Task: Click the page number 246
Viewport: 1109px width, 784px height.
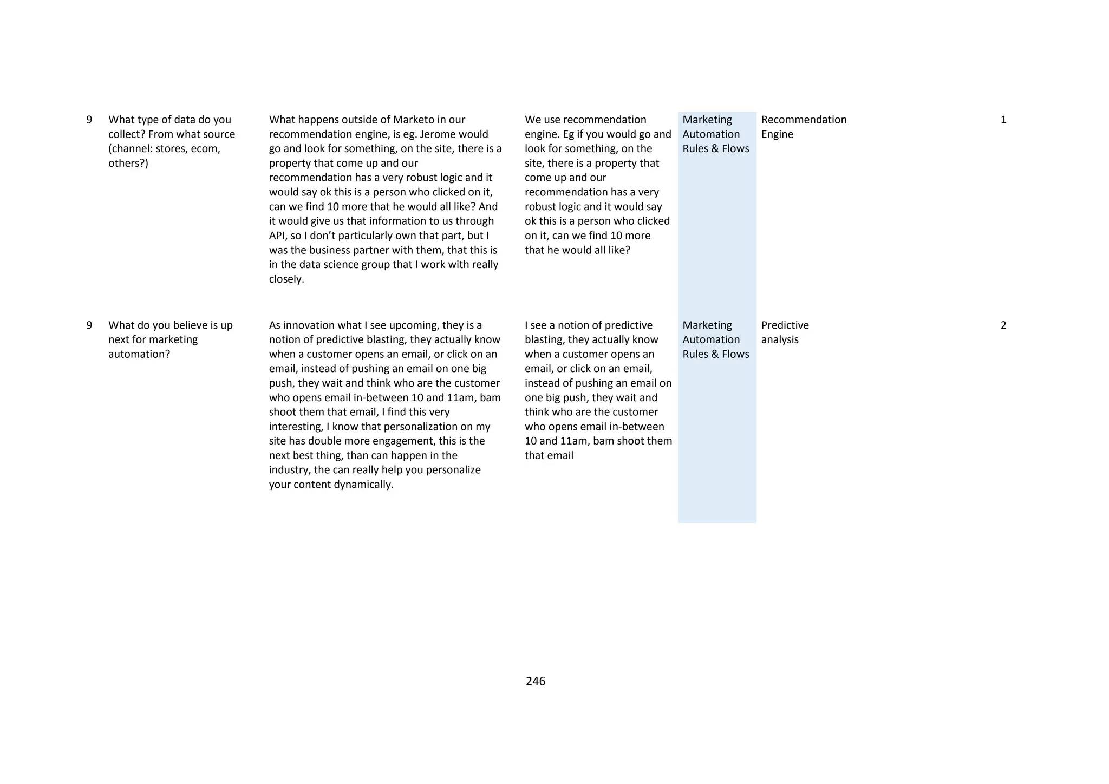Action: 535,681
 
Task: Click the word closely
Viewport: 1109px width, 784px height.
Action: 286,279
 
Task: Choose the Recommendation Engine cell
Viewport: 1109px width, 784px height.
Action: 804,127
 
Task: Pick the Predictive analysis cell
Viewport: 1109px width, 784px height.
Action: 785,332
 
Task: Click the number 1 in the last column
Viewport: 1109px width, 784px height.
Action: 1003,120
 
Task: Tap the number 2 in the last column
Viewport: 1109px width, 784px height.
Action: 1003,325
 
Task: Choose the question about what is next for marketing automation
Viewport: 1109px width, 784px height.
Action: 170,339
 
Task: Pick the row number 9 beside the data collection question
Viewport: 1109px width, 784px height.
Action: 89,120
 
